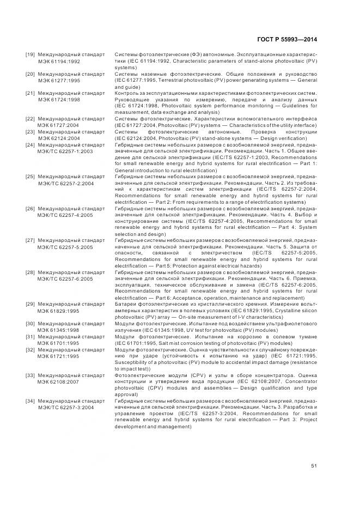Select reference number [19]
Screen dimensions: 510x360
(30, 55)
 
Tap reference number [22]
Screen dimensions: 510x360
(30, 118)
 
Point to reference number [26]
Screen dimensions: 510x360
(30, 209)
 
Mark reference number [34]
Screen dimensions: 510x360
(30, 400)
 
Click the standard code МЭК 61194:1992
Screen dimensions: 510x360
(59, 62)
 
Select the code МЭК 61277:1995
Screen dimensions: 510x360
(59, 80)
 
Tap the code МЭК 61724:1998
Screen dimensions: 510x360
(59, 100)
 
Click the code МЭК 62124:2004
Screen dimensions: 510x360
(59, 138)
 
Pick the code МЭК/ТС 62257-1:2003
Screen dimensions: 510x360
(65, 151)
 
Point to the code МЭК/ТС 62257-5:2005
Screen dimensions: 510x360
(65, 247)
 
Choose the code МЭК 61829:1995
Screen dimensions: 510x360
(59, 311)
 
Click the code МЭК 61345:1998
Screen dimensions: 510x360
(59, 330)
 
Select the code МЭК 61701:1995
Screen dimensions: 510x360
(59, 343)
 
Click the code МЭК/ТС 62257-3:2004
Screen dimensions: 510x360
(65, 407)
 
